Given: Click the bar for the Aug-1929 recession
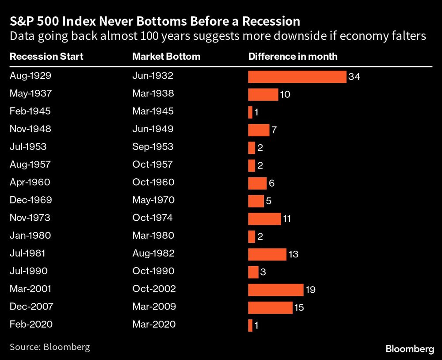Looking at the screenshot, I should (297, 77).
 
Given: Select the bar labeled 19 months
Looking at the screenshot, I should (276, 290).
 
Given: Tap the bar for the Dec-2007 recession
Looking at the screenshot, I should (270, 307).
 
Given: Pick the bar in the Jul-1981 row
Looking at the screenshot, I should (267, 254).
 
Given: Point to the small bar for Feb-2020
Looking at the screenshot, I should (250, 325).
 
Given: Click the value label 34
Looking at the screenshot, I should (354, 77).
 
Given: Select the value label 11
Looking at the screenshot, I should (286, 219).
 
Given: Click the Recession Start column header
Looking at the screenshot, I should (46, 57).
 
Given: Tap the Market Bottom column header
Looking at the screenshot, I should (166, 57).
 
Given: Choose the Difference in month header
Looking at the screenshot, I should (293, 57).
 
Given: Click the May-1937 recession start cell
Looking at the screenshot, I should (30, 94).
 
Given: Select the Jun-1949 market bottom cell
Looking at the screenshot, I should (152, 129).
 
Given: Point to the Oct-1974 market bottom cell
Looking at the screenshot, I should (152, 218).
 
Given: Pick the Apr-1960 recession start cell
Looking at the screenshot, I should (30, 182).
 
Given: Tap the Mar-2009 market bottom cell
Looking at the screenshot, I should (153, 306).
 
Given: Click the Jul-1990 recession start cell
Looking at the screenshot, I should (28, 271).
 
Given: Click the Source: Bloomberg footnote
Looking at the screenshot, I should (50, 347).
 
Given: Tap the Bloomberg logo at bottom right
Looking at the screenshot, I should (410, 349).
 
